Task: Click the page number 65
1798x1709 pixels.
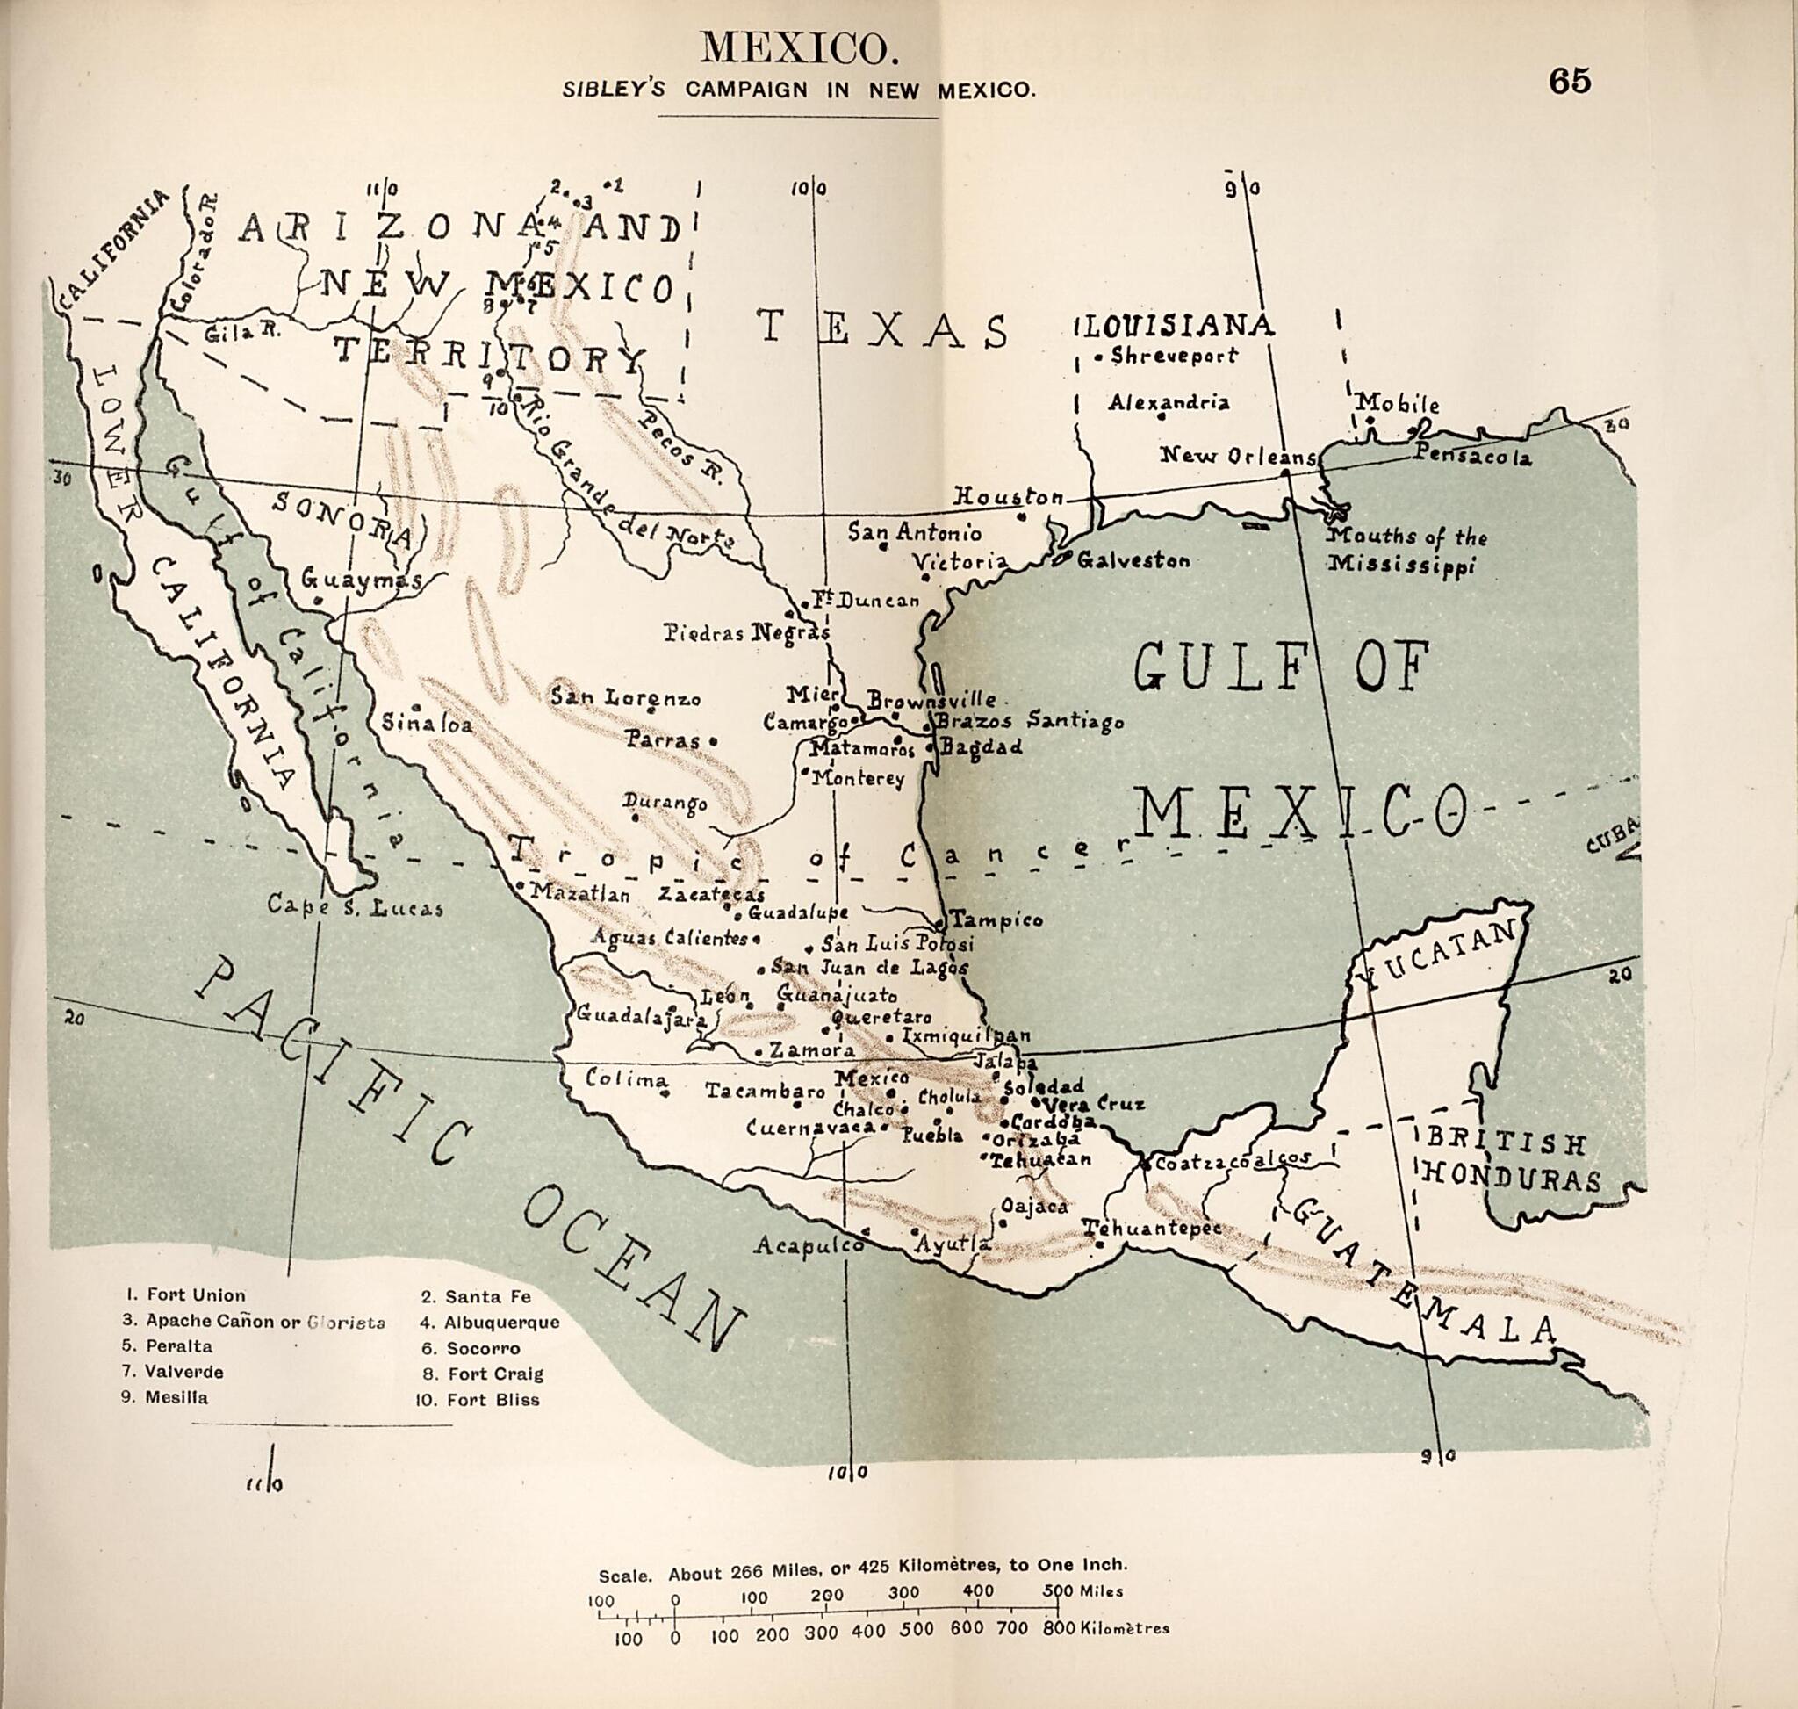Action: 1570,82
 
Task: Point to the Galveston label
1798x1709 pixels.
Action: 1133,560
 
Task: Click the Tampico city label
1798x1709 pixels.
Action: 996,920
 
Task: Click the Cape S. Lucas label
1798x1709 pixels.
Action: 356,907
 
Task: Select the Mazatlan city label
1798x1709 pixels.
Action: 579,894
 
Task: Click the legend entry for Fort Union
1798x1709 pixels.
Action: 186,1294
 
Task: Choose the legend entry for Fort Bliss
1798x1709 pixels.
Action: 478,1399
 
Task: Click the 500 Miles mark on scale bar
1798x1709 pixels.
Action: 1060,1591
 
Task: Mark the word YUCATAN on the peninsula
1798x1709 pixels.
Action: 1437,954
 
